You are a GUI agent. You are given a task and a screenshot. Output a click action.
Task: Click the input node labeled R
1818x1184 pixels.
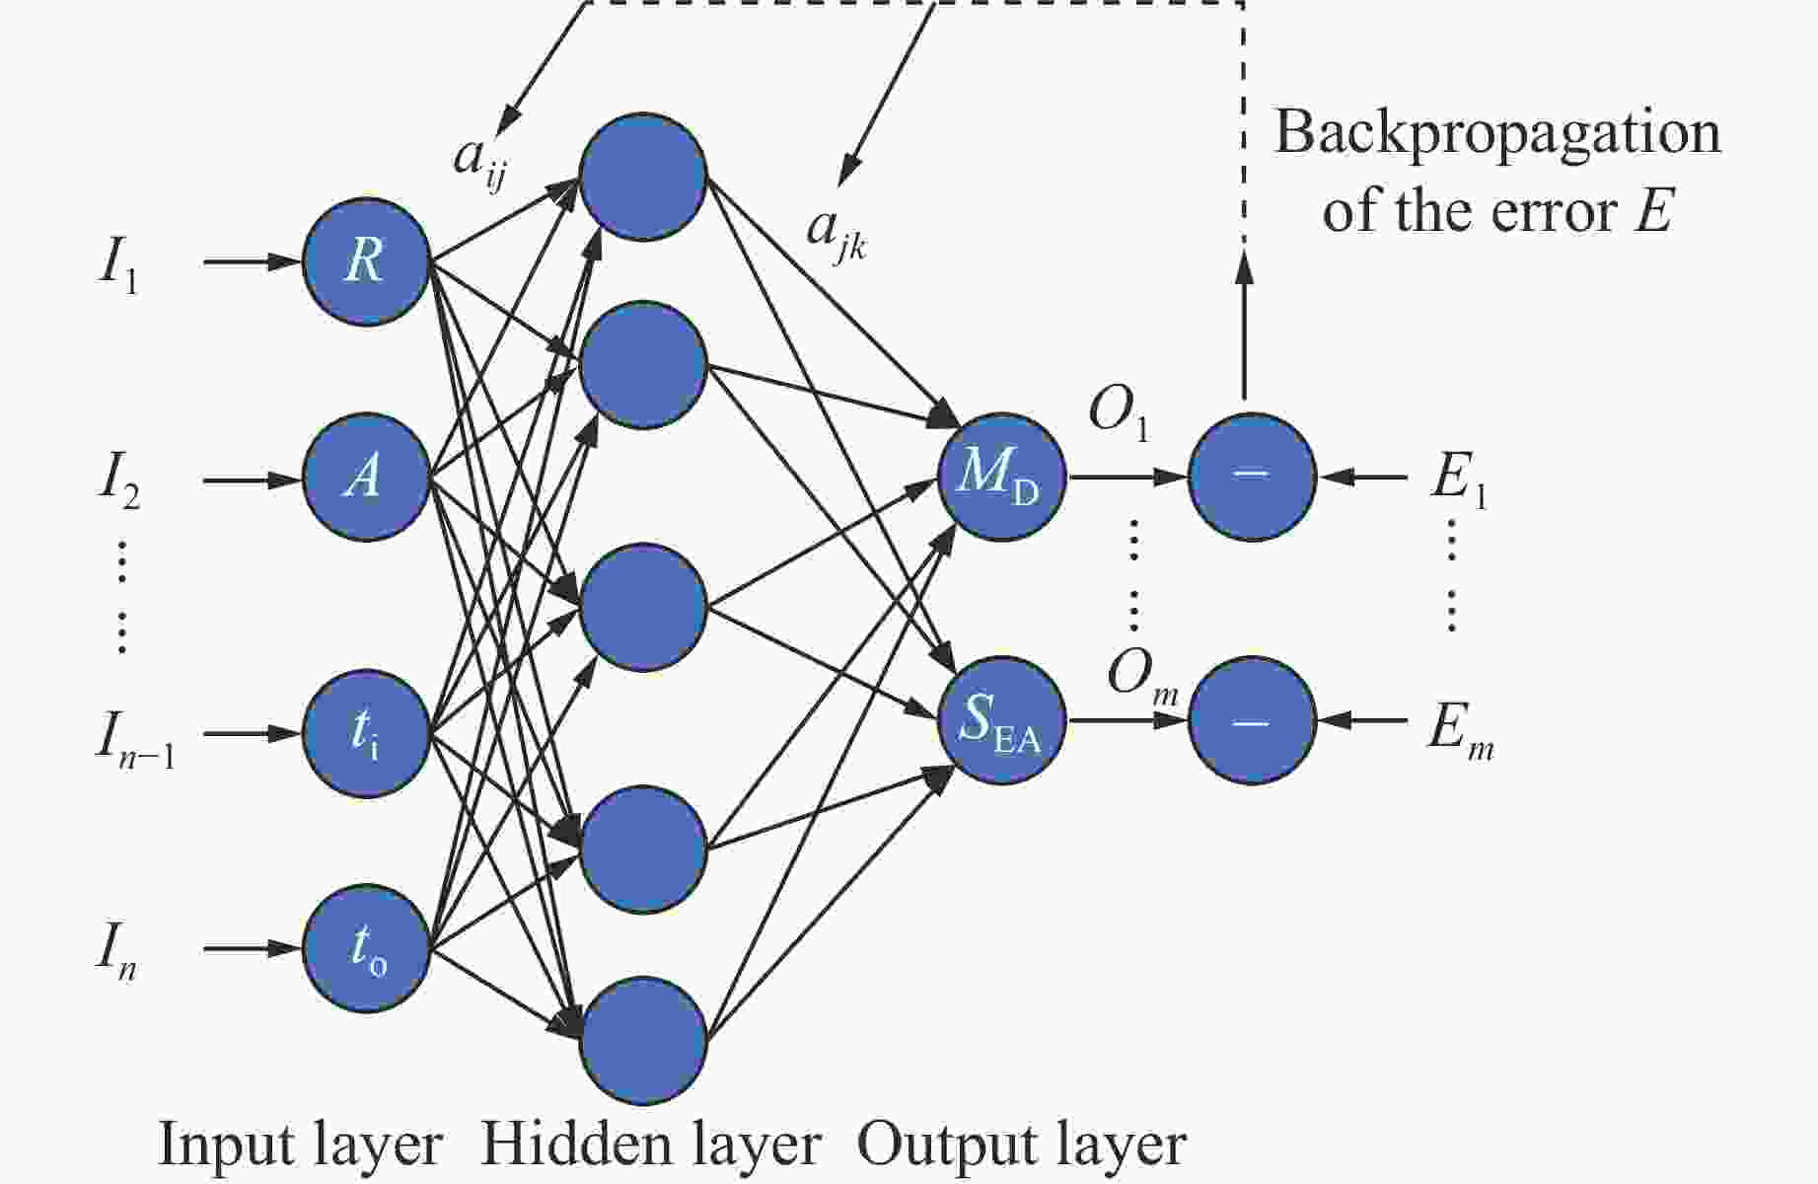click(366, 261)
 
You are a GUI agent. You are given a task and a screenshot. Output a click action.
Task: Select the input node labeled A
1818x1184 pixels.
click(366, 478)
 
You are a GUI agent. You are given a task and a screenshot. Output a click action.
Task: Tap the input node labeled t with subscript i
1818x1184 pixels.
click(366, 733)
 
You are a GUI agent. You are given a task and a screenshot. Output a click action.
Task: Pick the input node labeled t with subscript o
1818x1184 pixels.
click(366, 948)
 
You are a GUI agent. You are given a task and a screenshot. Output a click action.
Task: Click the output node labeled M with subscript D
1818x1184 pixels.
click(1002, 477)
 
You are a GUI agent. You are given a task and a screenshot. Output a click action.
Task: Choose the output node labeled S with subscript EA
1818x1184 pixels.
click(1002, 721)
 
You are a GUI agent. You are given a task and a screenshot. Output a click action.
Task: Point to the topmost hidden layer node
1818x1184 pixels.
click(643, 177)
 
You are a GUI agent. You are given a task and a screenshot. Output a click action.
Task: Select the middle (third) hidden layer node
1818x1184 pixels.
click(643, 607)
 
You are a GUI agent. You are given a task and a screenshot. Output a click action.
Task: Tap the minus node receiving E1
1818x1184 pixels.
click(1252, 477)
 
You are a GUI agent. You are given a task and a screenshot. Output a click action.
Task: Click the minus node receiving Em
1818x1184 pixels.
click(1252, 721)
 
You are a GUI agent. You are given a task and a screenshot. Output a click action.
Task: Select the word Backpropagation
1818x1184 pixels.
click(1496, 134)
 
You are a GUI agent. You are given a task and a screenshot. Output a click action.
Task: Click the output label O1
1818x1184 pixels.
click(1119, 413)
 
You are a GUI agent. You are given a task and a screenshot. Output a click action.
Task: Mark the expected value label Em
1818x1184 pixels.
click(1460, 735)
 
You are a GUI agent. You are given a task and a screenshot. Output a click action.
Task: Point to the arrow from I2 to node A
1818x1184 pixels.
click(252, 481)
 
